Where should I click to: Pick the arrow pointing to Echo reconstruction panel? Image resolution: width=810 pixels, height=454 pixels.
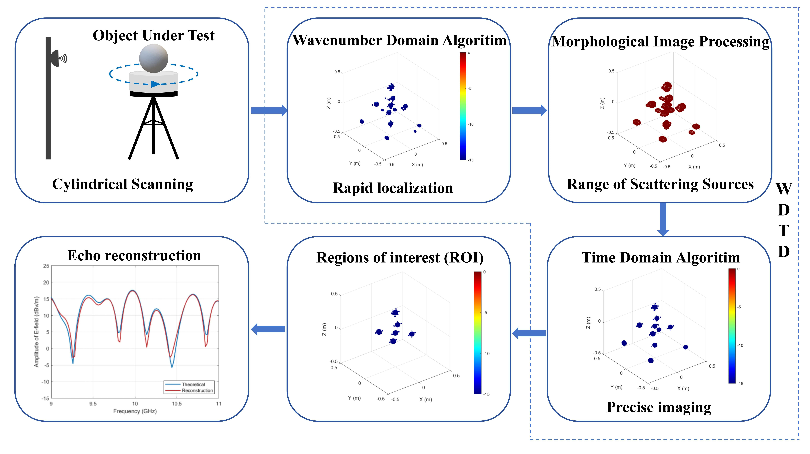click(268, 329)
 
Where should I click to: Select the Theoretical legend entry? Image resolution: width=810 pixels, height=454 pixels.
click(193, 384)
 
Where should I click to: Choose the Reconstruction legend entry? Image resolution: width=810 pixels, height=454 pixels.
click(197, 390)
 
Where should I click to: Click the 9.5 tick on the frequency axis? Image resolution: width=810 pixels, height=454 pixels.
click(93, 404)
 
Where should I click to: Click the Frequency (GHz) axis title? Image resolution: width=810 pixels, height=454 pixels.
click(135, 411)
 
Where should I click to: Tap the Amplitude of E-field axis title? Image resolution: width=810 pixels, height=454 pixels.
click(36, 332)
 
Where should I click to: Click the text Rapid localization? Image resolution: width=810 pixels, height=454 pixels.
click(393, 188)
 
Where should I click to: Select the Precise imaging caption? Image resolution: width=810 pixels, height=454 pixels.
click(659, 407)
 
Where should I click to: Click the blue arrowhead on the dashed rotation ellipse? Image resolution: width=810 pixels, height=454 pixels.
click(155, 84)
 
